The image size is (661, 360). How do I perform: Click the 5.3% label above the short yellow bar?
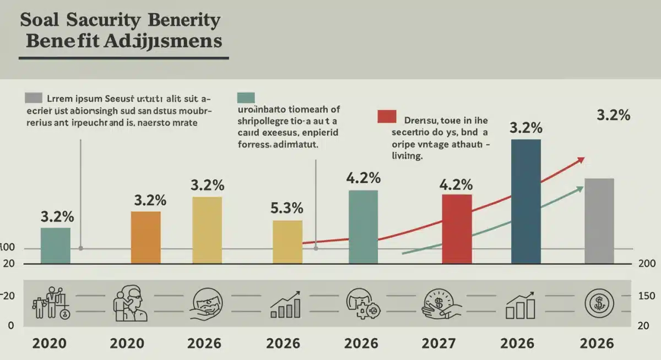pyautogui.click(x=287, y=209)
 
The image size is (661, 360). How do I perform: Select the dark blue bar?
pyautogui.click(x=526, y=201)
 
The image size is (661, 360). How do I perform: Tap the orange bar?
pyautogui.click(x=146, y=237)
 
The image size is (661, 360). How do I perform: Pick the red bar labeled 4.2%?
pyautogui.click(x=457, y=228)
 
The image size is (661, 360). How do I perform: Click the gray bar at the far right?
pyautogui.click(x=599, y=220)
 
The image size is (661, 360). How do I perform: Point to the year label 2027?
pyautogui.click(x=439, y=343)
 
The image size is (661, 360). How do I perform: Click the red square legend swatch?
pyautogui.click(x=387, y=117)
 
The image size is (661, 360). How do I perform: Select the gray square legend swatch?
pyautogui.click(x=34, y=98)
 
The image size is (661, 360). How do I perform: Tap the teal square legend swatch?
pyautogui.click(x=246, y=98)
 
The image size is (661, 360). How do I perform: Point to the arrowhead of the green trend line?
pyautogui.click(x=579, y=189)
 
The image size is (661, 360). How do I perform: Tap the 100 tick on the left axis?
pyautogui.click(x=7, y=248)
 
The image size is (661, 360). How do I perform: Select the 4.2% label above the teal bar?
pyautogui.click(x=363, y=178)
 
